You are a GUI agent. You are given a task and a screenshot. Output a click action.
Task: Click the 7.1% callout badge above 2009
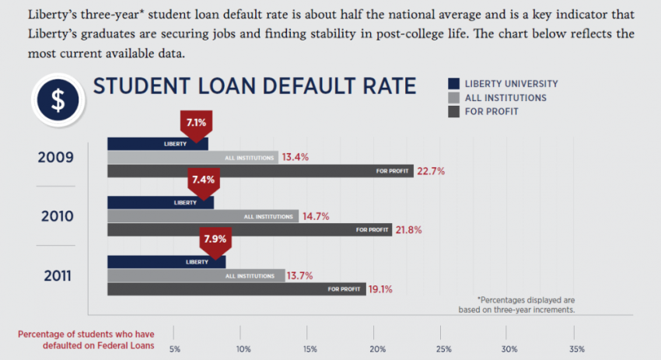(195, 122)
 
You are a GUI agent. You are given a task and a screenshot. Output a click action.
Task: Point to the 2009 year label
(56, 158)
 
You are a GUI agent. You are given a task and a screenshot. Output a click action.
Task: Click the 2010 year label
(58, 215)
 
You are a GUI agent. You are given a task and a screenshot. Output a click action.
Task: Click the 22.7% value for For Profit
(431, 172)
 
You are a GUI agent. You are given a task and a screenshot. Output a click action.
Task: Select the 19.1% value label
(379, 289)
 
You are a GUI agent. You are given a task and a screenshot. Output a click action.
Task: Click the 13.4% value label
(296, 157)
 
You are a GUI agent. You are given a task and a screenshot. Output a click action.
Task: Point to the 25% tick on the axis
(444, 348)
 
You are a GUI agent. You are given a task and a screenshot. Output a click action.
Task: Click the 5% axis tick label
(175, 348)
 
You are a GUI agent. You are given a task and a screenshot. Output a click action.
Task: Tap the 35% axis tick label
(577, 348)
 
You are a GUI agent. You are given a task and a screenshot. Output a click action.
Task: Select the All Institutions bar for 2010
(203, 216)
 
